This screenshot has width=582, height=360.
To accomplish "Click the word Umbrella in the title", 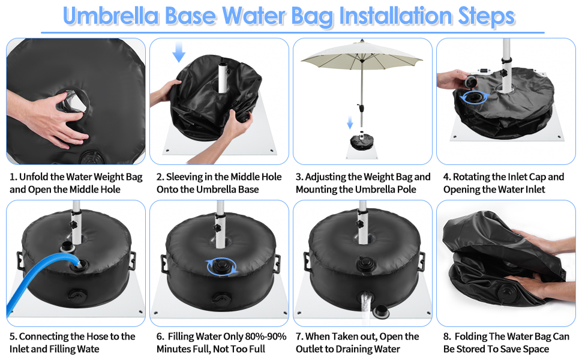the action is [x=112, y=16].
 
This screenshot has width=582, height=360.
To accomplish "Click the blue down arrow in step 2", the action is [x=179, y=52].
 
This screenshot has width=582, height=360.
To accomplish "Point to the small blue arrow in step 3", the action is [x=350, y=122].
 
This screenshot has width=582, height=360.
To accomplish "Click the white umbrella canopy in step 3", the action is [x=362, y=55].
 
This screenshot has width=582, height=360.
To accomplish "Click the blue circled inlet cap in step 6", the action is [x=222, y=266].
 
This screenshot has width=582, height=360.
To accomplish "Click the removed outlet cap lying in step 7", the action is [x=382, y=312].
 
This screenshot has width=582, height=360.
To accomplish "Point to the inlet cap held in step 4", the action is [x=470, y=81].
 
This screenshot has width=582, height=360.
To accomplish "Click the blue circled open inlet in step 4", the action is [x=475, y=98].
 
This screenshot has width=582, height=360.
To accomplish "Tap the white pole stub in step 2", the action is [x=223, y=77].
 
